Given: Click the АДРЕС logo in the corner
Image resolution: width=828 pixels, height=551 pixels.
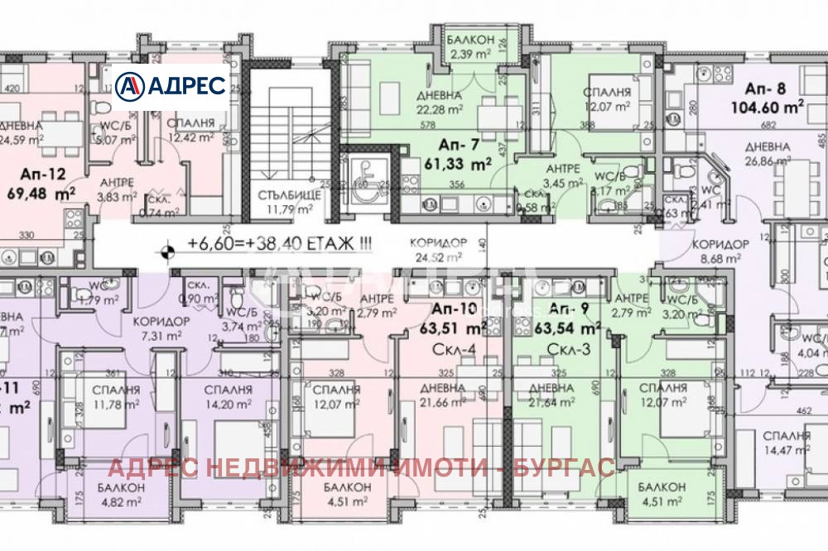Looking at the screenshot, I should pyautogui.click(x=171, y=86).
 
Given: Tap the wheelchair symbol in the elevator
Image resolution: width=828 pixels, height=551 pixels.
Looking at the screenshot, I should pyautogui.click(x=364, y=189).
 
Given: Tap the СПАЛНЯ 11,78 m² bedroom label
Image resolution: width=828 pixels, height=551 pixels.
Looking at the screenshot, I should pyautogui.click(x=115, y=398).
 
